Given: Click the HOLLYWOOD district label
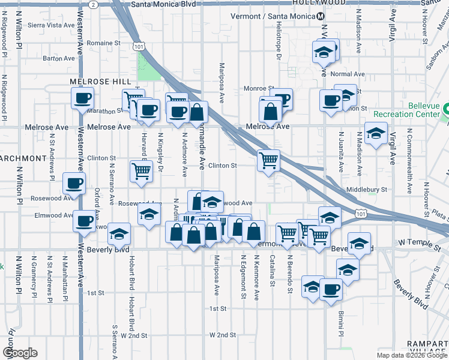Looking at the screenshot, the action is [320, 2].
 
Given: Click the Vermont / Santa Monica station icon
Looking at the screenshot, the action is [321, 16].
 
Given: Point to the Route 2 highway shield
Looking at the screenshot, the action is [92, 4].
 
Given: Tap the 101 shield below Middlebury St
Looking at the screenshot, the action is [360, 213].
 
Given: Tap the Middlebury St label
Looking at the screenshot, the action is [367, 190].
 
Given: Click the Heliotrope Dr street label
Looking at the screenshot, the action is [279, 46].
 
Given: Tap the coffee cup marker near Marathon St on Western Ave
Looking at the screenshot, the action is [82, 98].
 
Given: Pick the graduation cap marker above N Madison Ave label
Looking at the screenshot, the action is [376, 133].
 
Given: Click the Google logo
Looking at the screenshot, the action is [20, 353].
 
